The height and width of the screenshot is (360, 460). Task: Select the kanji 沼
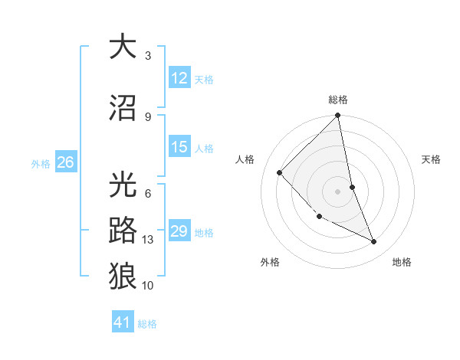click(123, 106)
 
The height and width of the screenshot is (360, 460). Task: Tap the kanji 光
click(123, 186)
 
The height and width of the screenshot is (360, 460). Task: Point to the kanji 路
click(123, 230)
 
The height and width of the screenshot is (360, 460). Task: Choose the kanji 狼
click(123, 274)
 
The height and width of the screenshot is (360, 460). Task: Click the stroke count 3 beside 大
click(148, 55)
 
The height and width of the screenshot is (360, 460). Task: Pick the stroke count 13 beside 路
click(148, 240)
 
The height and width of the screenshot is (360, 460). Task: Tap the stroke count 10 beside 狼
click(148, 285)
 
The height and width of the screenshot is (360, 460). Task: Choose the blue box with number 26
click(65, 162)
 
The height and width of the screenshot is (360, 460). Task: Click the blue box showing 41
click(123, 322)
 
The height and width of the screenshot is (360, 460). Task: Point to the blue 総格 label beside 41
click(147, 324)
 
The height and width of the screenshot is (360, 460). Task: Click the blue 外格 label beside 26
click(41, 163)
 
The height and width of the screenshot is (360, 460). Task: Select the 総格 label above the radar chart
click(338, 100)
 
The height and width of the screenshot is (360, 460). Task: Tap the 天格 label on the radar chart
click(431, 159)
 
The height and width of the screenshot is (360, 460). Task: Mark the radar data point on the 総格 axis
click(338, 116)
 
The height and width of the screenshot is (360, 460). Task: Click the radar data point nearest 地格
click(374, 241)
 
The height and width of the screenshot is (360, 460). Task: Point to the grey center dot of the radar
click(337, 191)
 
